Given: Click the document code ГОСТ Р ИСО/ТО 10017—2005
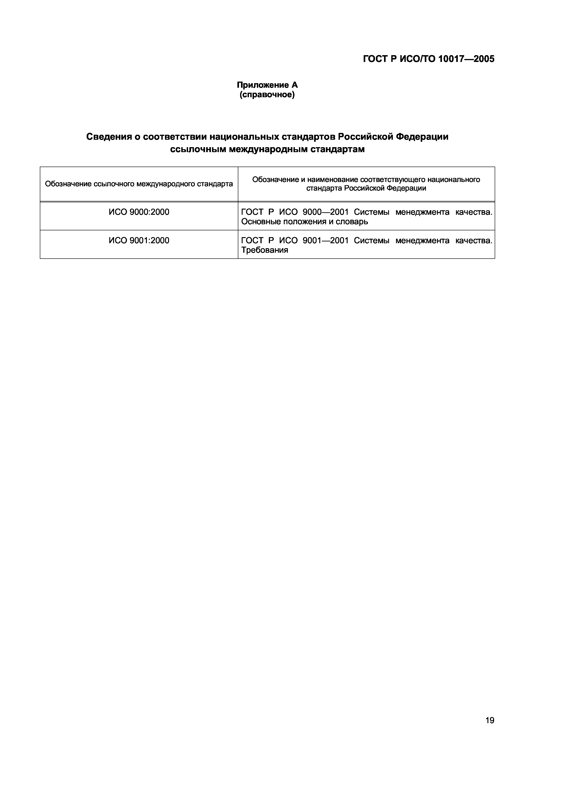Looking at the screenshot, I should [429, 59].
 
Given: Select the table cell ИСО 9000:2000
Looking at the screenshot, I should [139, 212].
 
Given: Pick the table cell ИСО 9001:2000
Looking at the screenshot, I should [139, 240].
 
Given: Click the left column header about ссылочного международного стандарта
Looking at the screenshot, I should [139, 184].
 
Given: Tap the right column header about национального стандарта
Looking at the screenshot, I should [366, 184].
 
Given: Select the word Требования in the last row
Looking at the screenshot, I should [264, 250].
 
